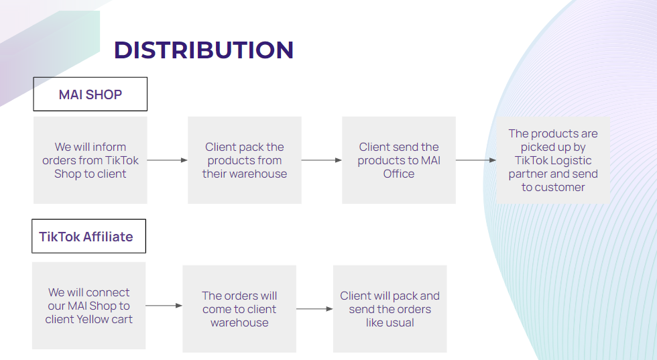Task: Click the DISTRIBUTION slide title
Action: pyautogui.click(x=204, y=50)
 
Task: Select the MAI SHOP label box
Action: pyautogui.click(x=90, y=94)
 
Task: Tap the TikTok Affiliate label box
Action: pyautogui.click(x=88, y=236)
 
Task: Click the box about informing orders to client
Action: pyautogui.click(x=90, y=160)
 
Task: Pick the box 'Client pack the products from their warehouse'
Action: pyautogui.click(x=244, y=160)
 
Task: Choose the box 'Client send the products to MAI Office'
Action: pyautogui.click(x=398, y=160)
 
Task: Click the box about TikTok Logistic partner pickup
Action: pyautogui.click(x=553, y=160)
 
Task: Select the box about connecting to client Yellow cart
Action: pyautogui.click(x=88, y=306)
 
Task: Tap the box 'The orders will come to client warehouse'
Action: pyautogui.click(x=239, y=309)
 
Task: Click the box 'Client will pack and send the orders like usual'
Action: pyautogui.click(x=390, y=309)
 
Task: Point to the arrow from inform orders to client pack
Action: pyautogui.click(x=167, y=160)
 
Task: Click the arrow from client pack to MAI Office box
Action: pyautogui.click(x=321, y=160)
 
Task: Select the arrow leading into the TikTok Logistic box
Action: pyautogui.click(x=475, y=160)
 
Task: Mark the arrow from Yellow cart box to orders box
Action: pyautogui.click(x=164, y=306)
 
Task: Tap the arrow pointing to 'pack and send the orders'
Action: pyautogui.click(x=314, y=309)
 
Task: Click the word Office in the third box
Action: pyautogui.click(x=398, y=174)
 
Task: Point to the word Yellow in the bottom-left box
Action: pyautogui.click(x=95, y=319)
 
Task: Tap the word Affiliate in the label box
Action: pyautogui.click(x=109, y=237)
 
